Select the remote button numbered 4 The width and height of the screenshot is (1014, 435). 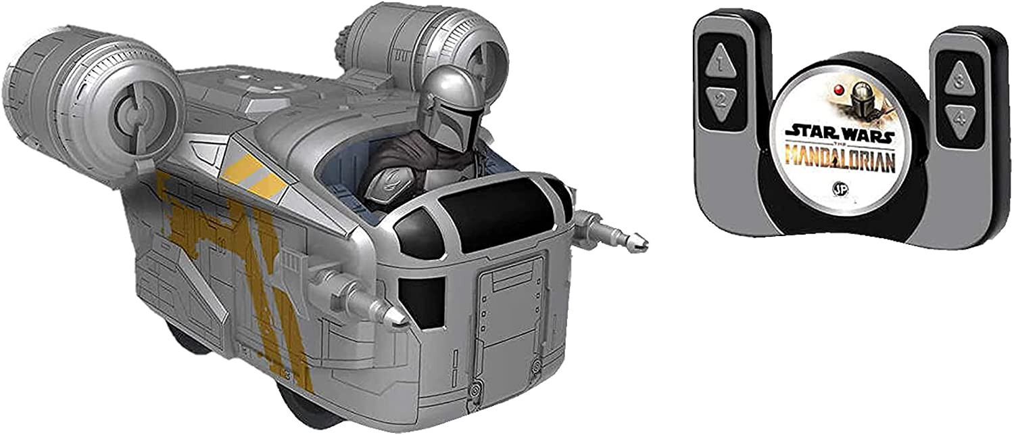959,121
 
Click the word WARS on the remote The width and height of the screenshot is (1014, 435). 867,135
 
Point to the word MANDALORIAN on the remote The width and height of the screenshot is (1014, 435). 841,160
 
